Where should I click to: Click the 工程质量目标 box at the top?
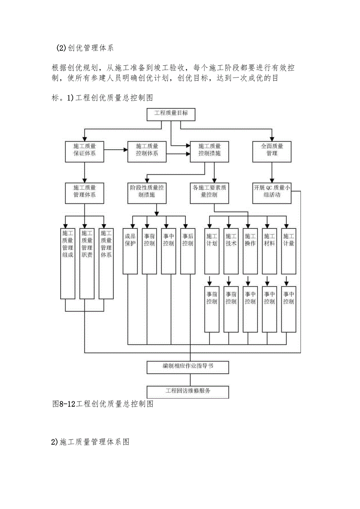pos(171,113)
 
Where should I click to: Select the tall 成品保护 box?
pos(130,250)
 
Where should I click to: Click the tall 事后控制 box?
pos(188,250)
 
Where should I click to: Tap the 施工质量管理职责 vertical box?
pos(87,263)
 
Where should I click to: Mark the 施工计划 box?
pos(212,250)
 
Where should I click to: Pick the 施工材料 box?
pos(270,250)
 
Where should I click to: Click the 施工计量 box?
pos(289,250)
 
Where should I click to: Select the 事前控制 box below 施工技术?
pos(231,309)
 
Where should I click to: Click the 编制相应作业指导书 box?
pos(188,367)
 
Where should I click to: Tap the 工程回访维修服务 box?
pos(188,392)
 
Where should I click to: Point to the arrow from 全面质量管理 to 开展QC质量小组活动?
pos(272,171)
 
